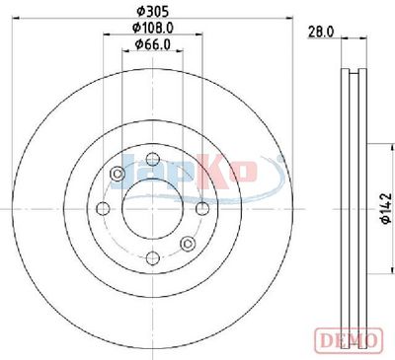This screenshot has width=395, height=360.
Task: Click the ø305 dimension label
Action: pos(152,12)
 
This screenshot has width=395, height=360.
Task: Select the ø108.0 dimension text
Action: pos(153,28)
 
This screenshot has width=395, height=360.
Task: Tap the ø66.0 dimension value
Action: pos(153,44)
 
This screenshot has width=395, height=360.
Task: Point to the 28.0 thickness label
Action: pos(321,32)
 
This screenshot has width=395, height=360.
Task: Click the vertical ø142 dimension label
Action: pos(386,209)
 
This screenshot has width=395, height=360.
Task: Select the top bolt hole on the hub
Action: pos(153,160)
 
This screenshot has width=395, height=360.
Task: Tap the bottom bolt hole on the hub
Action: pos(153,258)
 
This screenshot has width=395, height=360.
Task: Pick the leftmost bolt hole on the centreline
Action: pos(104,209)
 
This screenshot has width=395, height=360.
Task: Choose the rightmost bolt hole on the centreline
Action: pos(202,209)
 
